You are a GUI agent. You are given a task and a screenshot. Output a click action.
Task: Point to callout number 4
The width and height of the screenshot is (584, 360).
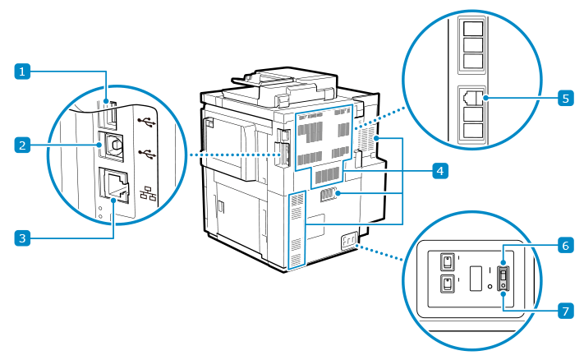[440, 171]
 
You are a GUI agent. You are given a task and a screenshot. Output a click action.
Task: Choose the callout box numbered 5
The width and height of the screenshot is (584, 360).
[565, 98]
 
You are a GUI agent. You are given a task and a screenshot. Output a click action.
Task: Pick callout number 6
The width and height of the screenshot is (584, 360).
[565, 245]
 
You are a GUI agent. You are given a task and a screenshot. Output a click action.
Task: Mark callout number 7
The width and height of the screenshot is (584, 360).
[565, 311]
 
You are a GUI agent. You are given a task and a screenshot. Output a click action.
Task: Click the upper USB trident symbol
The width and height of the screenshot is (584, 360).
[146, 123]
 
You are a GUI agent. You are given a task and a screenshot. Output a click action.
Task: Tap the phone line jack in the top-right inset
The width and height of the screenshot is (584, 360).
[473, 97]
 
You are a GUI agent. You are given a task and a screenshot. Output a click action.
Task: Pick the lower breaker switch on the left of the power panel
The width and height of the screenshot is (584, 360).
[446, 284]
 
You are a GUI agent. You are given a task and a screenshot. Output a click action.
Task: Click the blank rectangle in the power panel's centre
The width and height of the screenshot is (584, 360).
[475, 277]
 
